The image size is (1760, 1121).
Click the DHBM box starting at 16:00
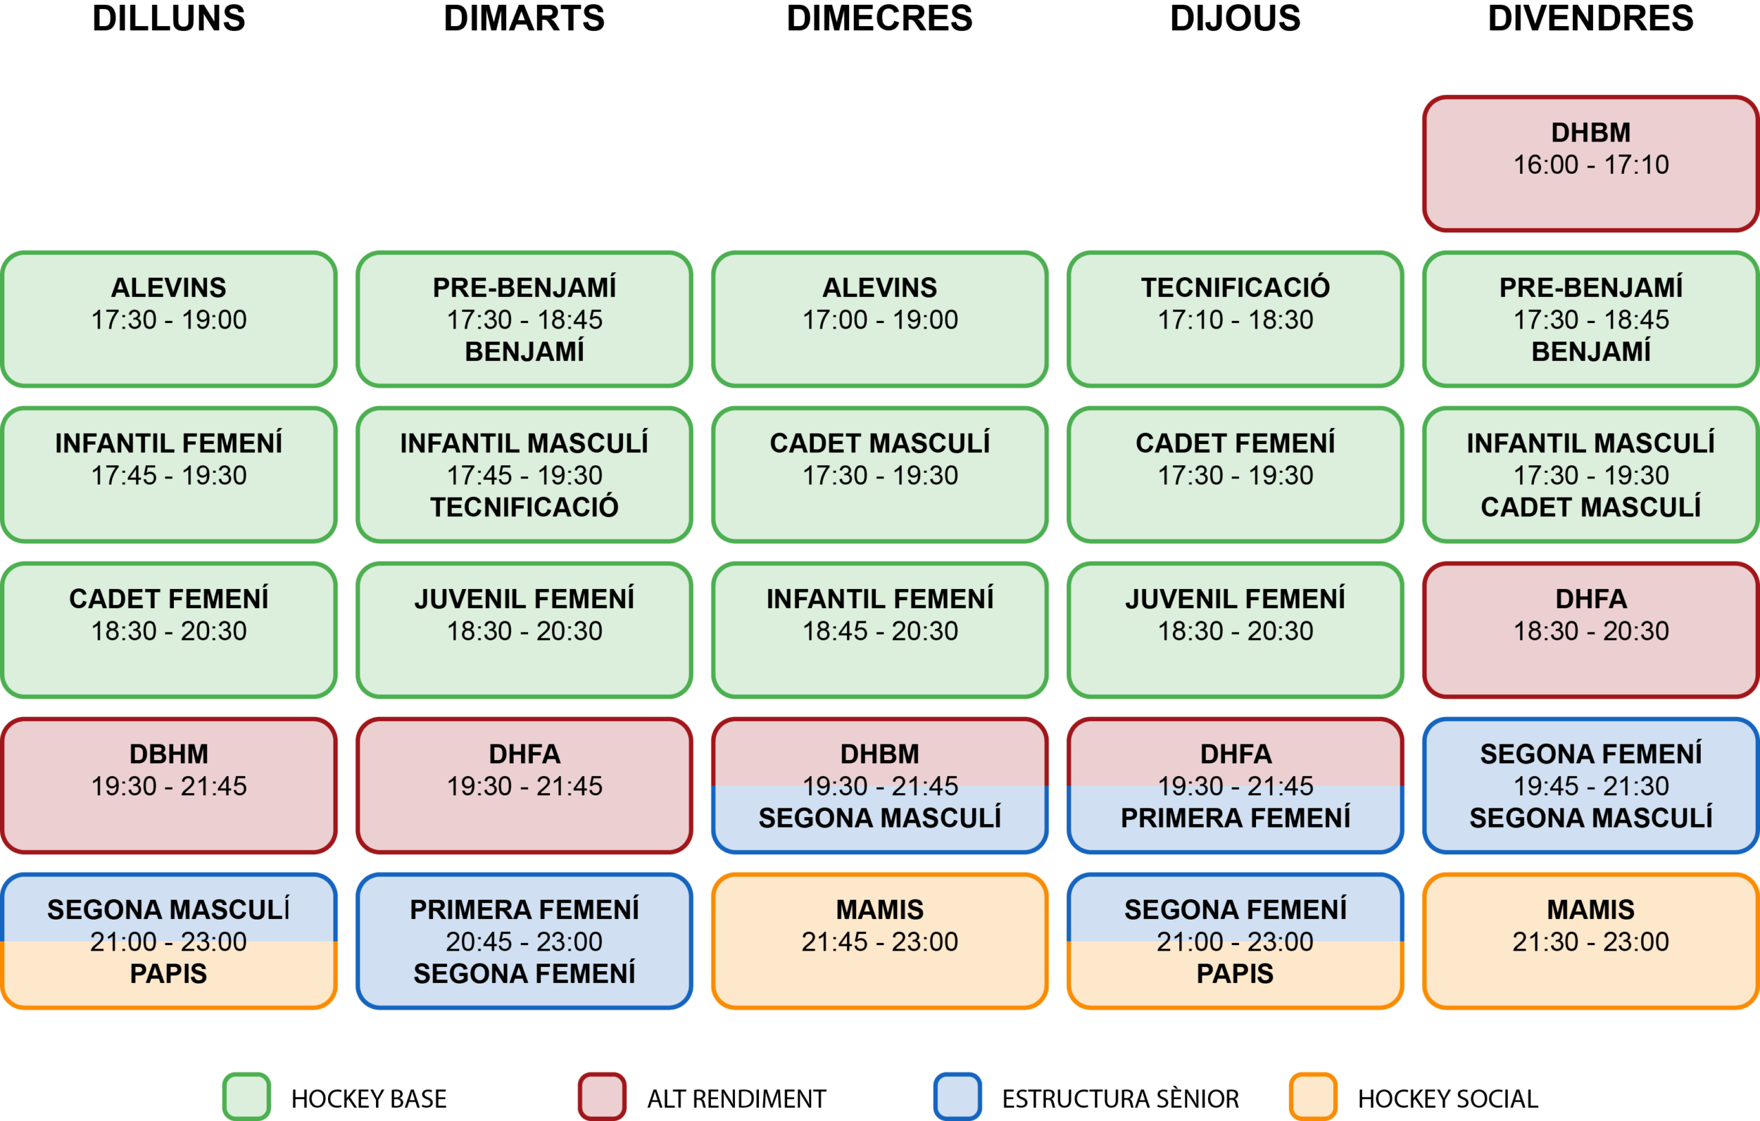(x=1590, y=164)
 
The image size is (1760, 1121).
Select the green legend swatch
(x=246, y=1096)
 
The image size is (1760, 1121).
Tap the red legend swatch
(x=602, y=1096)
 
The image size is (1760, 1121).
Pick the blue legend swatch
(x=958, y=1096)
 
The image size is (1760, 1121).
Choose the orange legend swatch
(x=1312, y=1096)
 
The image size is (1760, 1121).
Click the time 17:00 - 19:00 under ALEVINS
(x=880, y=320)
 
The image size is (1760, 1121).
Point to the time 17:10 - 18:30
(x=1235, y=320)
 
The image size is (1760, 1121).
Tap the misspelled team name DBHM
(x=169, y=754)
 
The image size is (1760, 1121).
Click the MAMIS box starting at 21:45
(x=880, y=940)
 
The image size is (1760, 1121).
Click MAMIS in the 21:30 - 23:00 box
(x=1590, y=910)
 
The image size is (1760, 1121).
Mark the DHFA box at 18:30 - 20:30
(x=1590, y=630)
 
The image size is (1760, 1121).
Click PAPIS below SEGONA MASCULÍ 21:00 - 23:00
(x=169, y=974)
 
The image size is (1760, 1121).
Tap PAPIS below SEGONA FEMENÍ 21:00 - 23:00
(x=1235, y=974)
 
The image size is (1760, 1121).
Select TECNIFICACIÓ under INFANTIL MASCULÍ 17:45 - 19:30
(x=524, y=507)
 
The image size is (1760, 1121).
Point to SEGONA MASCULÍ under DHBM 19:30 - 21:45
(x=880, y=819)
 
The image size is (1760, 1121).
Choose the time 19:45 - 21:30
(x=1590, y=786)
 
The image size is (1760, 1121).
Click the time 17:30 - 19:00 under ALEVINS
(x=169, y=320)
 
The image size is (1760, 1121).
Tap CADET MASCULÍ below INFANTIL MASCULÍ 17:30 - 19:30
(x=1590, y=507)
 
